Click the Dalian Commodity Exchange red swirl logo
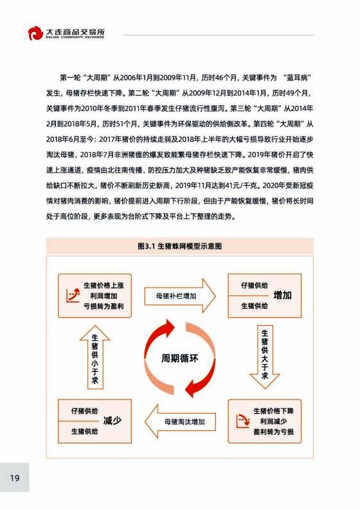(35, 33)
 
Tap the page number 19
(15, 478)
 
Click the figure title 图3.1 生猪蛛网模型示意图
(179, 246)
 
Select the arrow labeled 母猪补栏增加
(180, 296)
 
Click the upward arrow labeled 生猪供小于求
(94, 357)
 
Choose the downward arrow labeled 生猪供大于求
(265, 357)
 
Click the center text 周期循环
(179, 358)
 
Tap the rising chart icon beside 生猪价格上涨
(73, 295)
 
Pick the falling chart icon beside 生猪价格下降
(243, 421)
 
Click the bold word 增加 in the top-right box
(282, 295)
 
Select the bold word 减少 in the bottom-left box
(113, 421)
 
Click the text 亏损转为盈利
(104, 306)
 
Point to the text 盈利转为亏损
(273, 432)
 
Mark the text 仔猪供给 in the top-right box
(255, 285)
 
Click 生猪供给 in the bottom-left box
(85, 431)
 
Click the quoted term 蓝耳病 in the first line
(297, 78)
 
